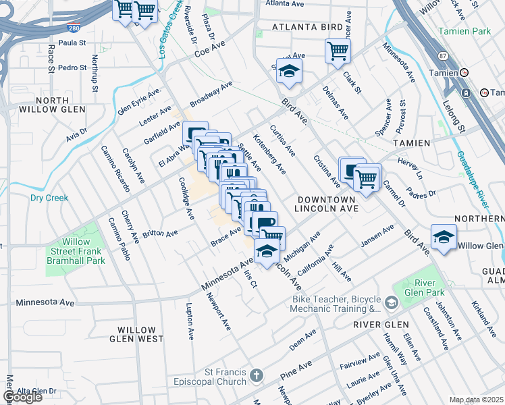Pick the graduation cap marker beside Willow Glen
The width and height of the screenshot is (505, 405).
pos(444,238)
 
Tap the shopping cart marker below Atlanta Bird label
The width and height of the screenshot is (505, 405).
pos(338,50)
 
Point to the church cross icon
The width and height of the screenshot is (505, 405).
pos(256,375)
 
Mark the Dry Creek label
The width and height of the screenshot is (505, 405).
pos(49,198)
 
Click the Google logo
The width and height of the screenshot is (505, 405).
pos(23,397)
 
